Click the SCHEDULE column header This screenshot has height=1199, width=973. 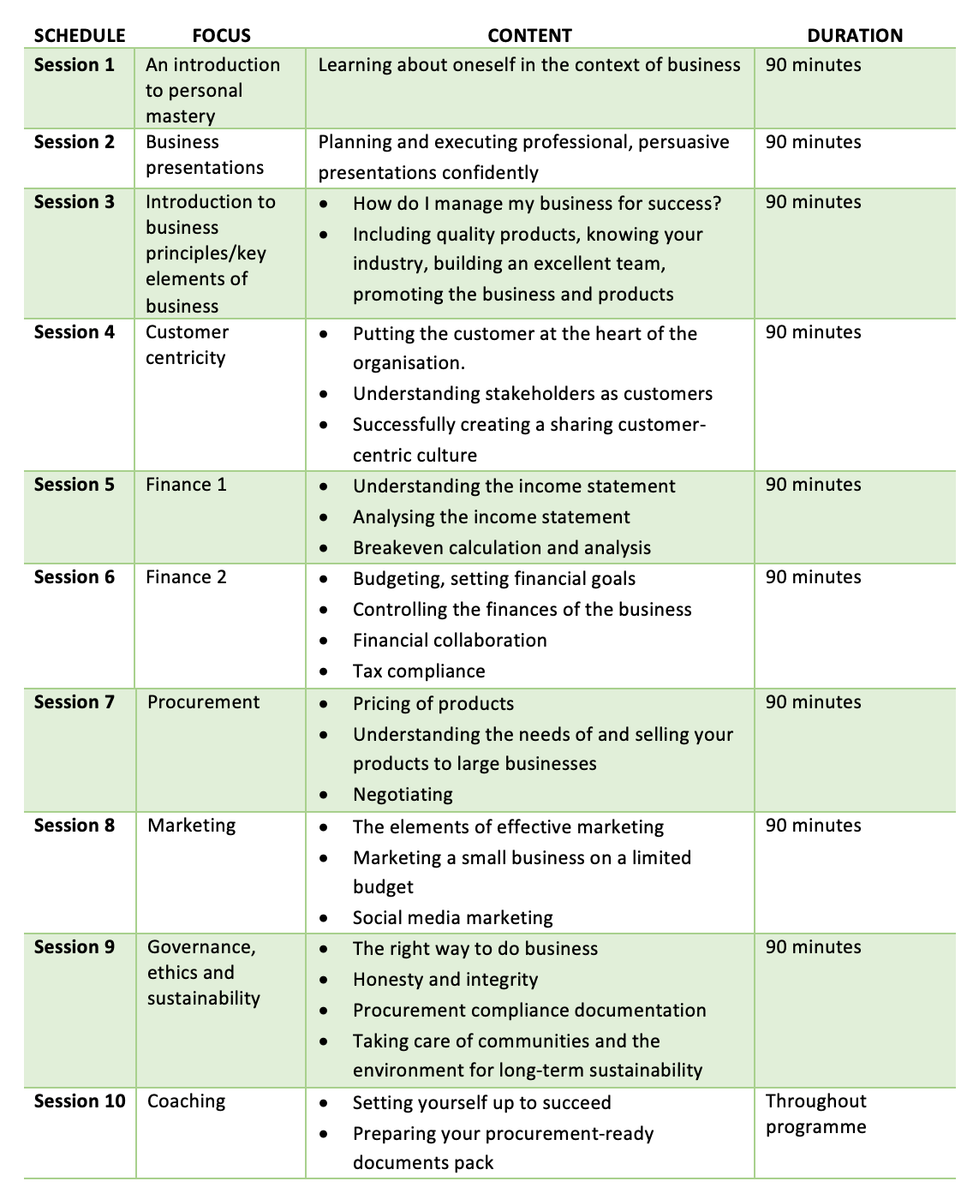pos(80,36)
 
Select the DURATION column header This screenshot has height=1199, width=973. pos(855,36)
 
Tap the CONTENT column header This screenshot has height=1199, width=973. pos(529,36)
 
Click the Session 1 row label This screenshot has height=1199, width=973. pos(75,65)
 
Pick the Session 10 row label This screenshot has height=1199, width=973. pos(80,1101)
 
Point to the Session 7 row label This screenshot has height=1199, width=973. pos(75,702)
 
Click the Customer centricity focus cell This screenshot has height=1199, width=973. pos(188,344)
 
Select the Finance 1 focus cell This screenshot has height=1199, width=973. pos(187,485)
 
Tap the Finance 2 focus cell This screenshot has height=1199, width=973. pos(187,577)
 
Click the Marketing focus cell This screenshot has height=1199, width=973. pos(192,826)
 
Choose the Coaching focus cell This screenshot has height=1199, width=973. pos(187,1101)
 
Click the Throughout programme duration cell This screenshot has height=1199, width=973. pos(815,1113)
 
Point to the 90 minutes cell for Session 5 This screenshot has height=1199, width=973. pos(814,485)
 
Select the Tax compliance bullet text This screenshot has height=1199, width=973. pos(419,671)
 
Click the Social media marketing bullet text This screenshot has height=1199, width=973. pos(453,918)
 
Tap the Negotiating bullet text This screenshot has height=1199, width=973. pos(403,795)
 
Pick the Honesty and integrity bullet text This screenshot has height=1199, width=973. pos(445,980)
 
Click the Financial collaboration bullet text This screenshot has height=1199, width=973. pos(450,641)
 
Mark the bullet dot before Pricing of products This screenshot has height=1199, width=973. pos(323,704)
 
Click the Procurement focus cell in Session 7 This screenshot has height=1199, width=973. pos(203,702)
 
